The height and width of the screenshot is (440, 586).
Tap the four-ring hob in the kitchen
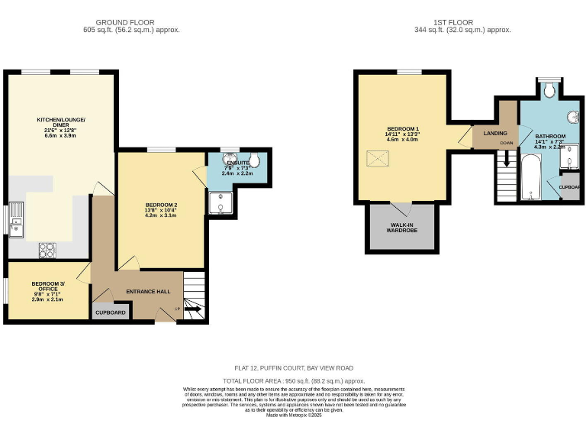coord(47,249)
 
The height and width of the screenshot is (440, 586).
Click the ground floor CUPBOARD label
coord(110,312)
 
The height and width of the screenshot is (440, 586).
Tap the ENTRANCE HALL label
coord(153,292)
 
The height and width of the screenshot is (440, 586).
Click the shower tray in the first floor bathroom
coord(570,157)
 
